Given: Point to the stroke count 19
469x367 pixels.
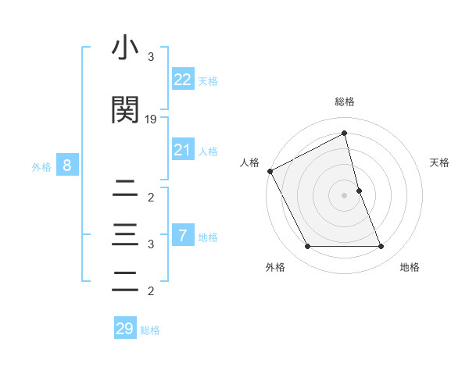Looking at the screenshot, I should [x=151, y=119].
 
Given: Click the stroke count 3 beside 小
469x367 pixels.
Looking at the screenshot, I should [x=151, y=57].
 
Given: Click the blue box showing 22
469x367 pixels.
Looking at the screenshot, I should [x=182, y=80].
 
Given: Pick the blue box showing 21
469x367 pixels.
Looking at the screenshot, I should [x=182, y=150].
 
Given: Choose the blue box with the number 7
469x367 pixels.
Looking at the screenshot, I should [x=182, y=236].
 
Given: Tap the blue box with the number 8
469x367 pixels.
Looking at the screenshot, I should [x=67, y=166].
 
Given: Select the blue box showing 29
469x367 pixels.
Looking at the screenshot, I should [x=124, y=329].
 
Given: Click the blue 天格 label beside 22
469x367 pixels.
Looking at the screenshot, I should [x=208, y=81].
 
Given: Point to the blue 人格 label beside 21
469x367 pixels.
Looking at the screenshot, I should [x=208, y=151].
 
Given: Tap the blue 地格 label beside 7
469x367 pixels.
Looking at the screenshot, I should [x=208, y=237].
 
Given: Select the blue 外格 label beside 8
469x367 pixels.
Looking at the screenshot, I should [x=41, y=167].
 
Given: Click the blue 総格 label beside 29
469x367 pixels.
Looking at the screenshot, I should [x=150, y=330].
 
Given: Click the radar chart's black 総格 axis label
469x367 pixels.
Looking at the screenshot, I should [x=345, y=102].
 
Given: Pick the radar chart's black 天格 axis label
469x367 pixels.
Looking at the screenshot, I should [x=440, y=162].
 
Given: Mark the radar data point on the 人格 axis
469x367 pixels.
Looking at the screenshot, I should [x=270, y=171].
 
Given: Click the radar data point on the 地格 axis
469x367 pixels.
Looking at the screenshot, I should [x=381, y=247].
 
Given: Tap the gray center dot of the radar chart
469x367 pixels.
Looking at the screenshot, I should [x=345, y=194].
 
